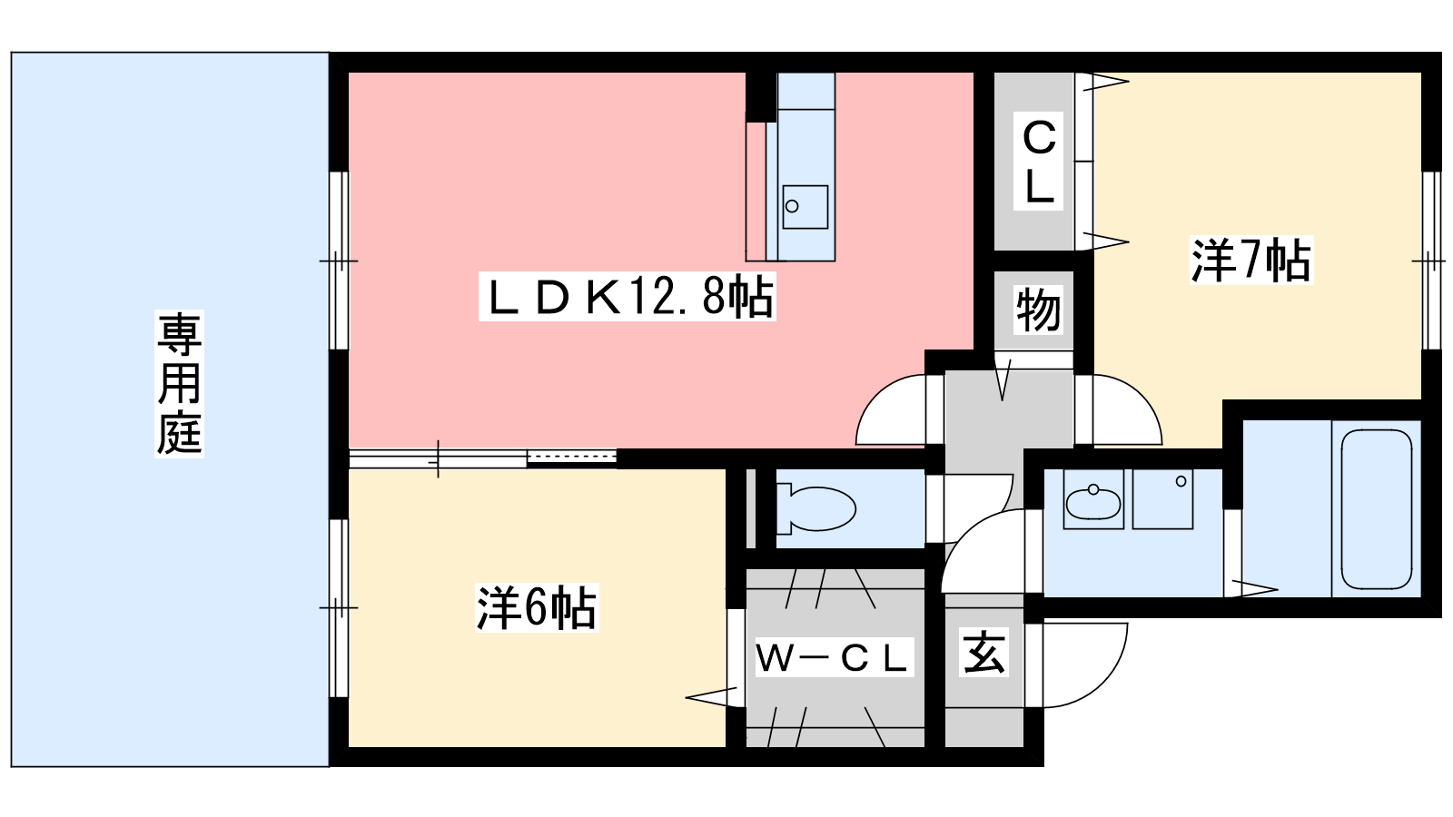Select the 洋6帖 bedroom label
point(537,607)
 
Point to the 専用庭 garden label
point(179,384)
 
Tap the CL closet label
point(1039,161)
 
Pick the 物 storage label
point(1038,310)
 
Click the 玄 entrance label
point(984,652)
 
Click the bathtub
point(1377,509)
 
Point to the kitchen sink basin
point(805,207)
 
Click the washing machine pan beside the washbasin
point(1162,499)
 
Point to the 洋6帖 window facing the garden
point(339,607)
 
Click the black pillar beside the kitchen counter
point(761,96)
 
